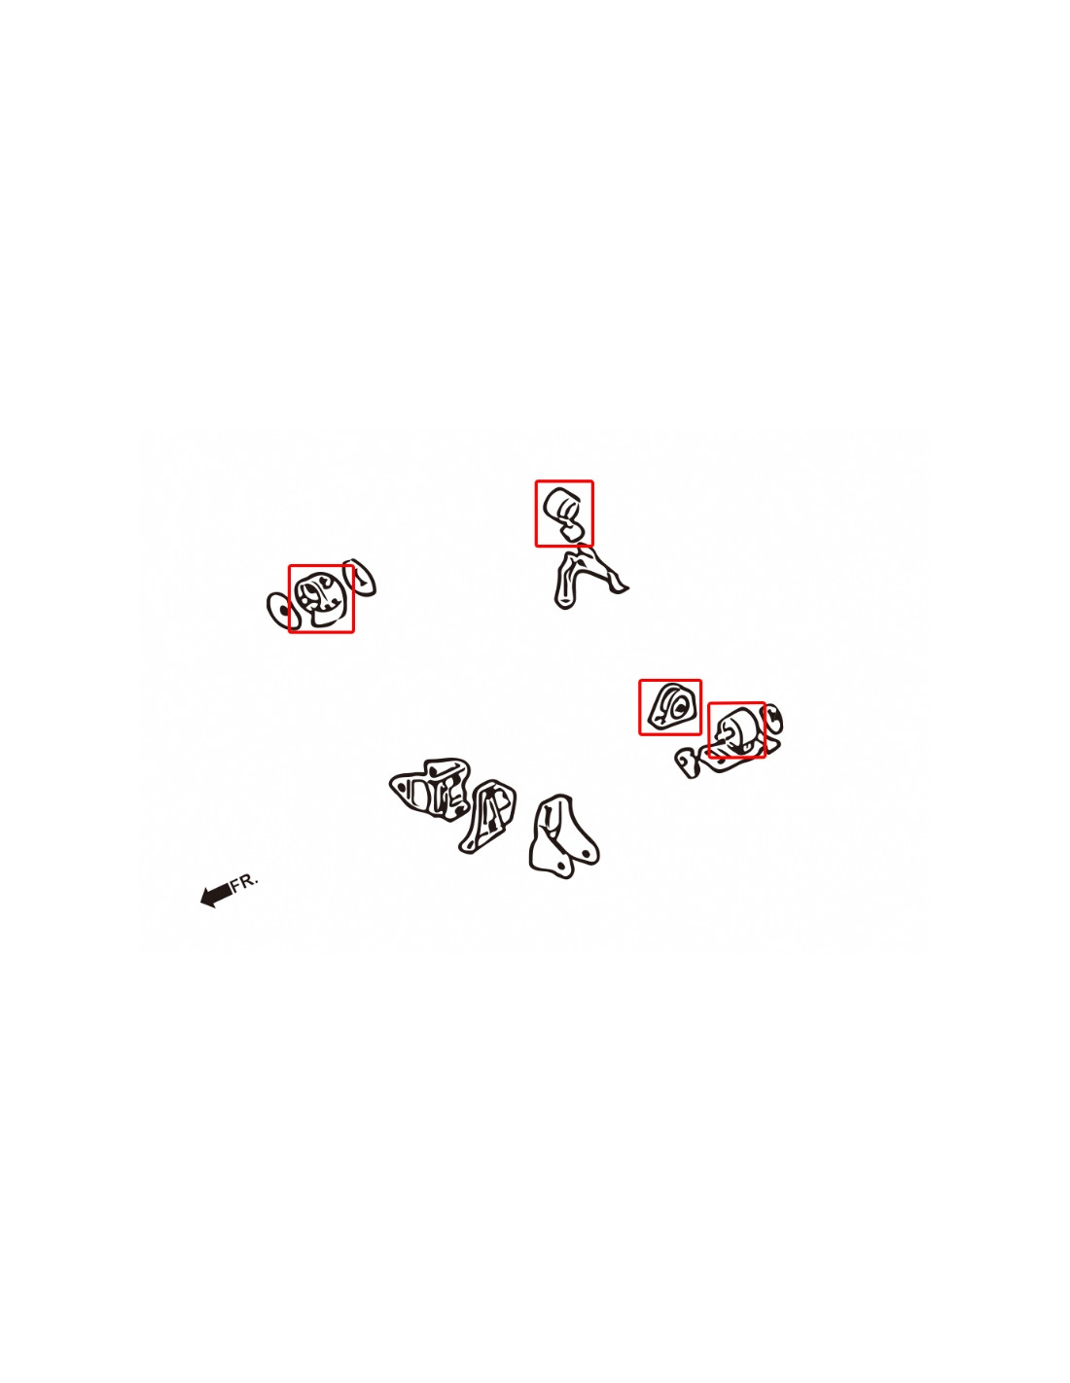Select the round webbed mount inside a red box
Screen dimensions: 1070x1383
(x=321, y=598)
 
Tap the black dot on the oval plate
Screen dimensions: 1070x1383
(x=284, y=611)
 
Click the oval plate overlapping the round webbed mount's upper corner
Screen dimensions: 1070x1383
(x=360, y=578)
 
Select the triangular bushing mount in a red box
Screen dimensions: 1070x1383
(x=669, y=706)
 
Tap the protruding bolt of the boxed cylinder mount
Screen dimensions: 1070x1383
(x=721, y=734)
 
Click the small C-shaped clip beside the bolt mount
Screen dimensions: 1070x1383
(x=771, y=718)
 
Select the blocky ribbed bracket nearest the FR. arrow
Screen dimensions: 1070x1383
(x=429, y=789)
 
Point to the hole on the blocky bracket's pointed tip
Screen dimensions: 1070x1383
(x=401, y=787)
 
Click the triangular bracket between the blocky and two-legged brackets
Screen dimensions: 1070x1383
(x=487, y=816)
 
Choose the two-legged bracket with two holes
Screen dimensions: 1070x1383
(x=562, y=836)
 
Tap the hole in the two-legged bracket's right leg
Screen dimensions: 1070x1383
(x=586, y=852)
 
